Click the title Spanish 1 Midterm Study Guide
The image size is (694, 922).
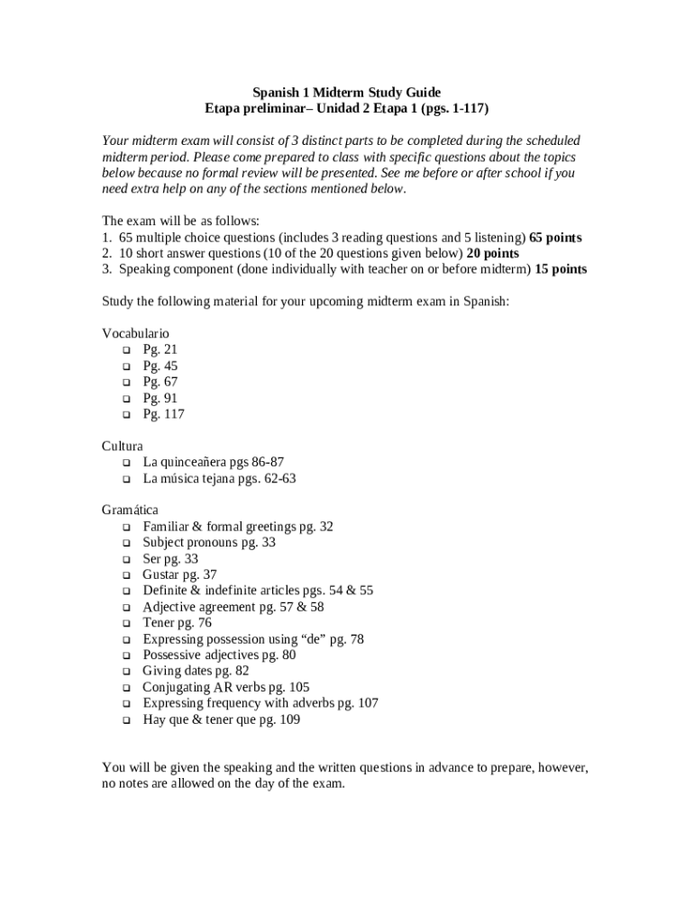tap(346, 92)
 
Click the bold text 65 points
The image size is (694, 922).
tap(555, 238)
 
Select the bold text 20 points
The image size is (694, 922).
tap(492, 254)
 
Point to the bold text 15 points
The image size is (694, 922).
tap(561, 269)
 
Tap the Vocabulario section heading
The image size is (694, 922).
tap(135, 333)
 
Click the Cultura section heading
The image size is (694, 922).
tap(123, 446)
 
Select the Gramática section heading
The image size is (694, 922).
tap(130, 510)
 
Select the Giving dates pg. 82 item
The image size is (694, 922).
tap(196, 671)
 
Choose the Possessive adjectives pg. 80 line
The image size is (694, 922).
tap(219, 655)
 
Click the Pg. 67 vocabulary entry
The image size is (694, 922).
tap(160, 382)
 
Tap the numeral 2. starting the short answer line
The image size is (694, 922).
tap(106, 254)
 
